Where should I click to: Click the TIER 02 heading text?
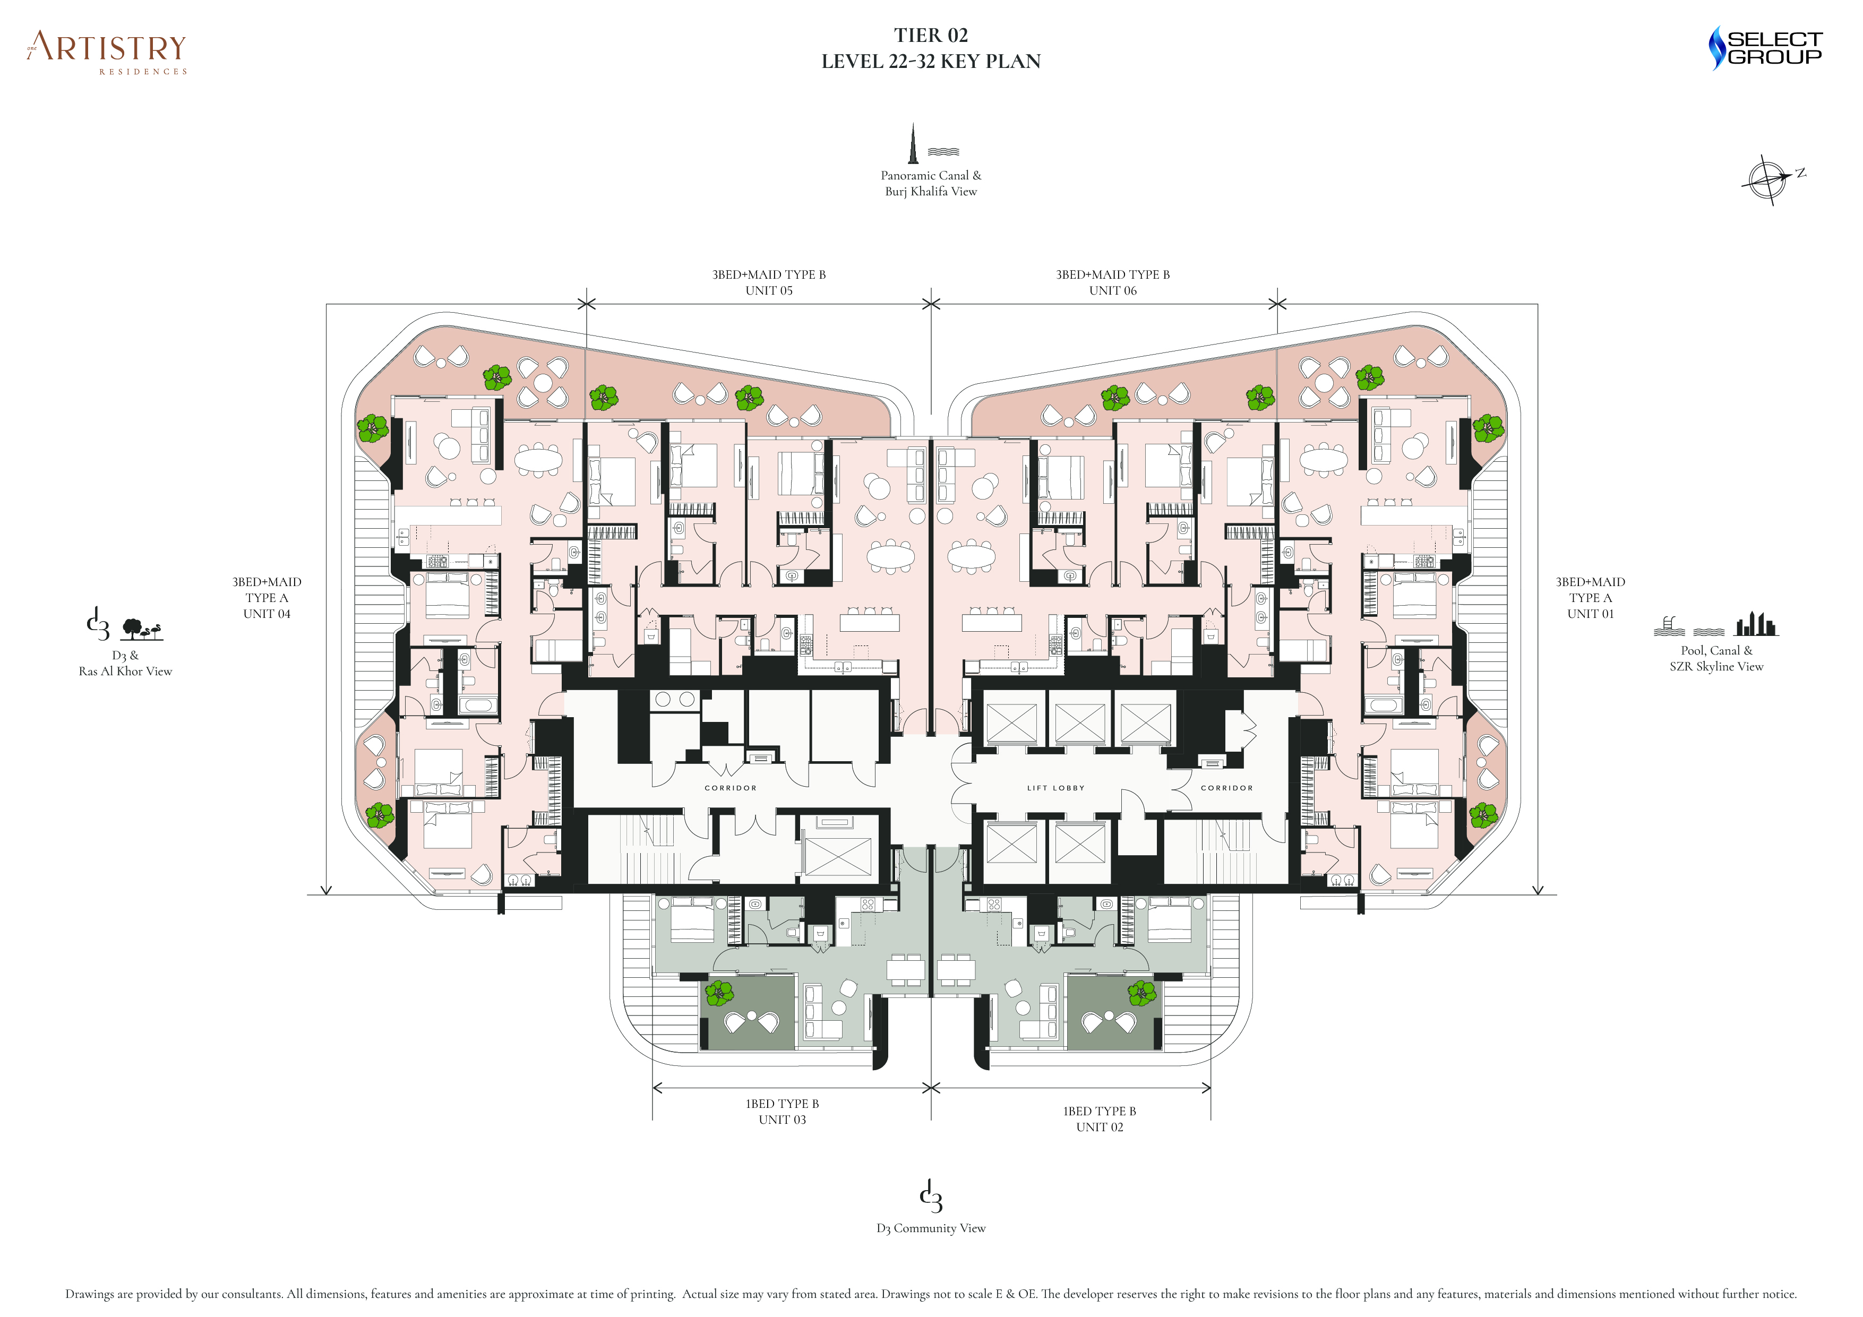point(931,36)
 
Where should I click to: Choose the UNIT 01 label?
point(1590,614)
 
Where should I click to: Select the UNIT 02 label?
point(1100,1127)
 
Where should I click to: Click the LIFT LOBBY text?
point(1055,788)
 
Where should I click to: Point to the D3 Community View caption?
point(931,1228)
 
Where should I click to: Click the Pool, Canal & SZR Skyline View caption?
point(1716,658)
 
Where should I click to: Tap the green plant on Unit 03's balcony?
point(719,993)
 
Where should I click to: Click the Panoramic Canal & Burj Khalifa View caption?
point(931,183)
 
